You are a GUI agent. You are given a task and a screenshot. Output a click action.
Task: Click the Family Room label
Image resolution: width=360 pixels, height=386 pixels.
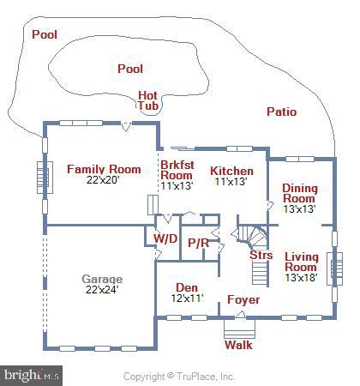(104, 169)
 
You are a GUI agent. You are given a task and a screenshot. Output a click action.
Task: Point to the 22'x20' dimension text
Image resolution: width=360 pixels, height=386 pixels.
(104, 180)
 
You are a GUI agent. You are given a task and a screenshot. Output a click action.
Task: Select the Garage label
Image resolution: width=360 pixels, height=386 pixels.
(102, 279)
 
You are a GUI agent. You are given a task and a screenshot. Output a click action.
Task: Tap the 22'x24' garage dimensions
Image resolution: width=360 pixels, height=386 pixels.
(102, 290)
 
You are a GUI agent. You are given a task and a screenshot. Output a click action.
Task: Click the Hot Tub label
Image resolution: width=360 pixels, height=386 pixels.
(149, 100)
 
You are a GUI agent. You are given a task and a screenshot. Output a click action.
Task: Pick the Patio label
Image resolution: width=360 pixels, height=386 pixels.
(281, 112)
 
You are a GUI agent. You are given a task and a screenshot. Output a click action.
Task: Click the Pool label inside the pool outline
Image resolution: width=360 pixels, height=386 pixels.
(130, 69)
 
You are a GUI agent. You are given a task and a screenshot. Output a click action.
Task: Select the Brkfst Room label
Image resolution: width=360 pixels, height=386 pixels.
(177, 169)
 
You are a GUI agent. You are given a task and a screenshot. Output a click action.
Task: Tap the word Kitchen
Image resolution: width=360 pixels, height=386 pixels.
(231, 170)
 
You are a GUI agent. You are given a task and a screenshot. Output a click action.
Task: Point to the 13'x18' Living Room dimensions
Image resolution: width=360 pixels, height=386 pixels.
(301, 277)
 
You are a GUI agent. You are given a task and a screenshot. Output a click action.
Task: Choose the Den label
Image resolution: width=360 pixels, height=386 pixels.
(187, 287)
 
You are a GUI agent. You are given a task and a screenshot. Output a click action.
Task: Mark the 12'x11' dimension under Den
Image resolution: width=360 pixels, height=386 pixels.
(187, 299)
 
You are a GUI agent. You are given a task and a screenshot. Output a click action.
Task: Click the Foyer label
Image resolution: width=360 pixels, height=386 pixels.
(243, 300)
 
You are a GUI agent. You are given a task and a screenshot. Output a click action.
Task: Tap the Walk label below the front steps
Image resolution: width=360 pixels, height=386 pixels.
(238, 345)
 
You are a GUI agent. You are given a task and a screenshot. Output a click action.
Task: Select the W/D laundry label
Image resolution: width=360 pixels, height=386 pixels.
(165, 238)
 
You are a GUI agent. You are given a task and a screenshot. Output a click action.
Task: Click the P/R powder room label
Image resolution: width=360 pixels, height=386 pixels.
(198, 243)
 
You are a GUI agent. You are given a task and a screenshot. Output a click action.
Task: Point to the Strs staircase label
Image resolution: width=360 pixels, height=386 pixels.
(261, 255)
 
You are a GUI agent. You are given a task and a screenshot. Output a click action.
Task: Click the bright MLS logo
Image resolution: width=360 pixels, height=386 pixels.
(32, 375)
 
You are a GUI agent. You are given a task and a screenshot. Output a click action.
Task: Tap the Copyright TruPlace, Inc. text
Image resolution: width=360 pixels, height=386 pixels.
(179, 376)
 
